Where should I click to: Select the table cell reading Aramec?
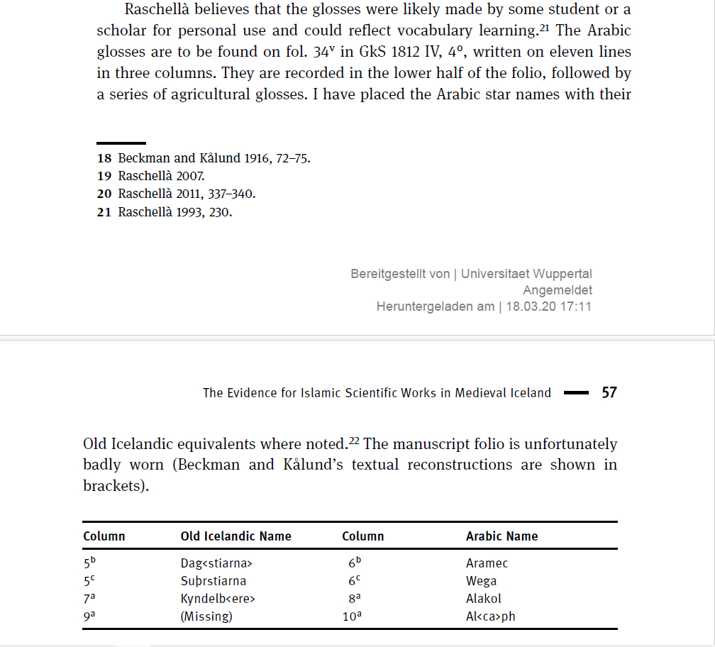487,563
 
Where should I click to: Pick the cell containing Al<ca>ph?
490,616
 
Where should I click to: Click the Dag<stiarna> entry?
216,563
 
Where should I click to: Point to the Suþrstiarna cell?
214,581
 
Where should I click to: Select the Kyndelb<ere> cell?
217,599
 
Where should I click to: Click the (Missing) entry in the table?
206,616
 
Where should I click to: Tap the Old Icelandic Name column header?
235,536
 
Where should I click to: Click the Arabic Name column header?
501,536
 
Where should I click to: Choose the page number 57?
609,392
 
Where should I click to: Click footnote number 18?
104,158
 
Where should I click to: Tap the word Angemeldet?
557,290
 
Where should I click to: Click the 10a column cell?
352,616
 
